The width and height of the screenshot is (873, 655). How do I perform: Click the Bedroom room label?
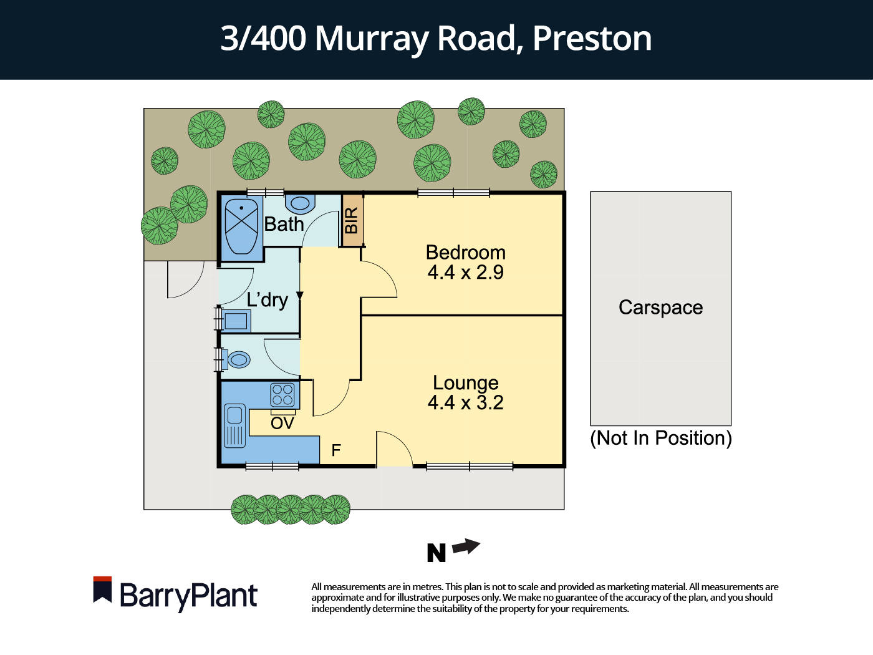(x=465, y=253)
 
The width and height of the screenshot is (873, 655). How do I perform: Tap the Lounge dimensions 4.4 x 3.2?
(x=465, y=403)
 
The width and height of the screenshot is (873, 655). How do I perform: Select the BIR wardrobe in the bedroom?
(x=352, y=220)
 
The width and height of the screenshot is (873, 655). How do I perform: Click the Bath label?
(x=284, y=224)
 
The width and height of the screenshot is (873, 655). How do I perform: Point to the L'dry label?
(x=267, y=300)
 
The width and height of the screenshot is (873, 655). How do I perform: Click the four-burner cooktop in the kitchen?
(x=282, y=395)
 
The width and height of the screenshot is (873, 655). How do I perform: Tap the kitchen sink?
(x=235, y=425)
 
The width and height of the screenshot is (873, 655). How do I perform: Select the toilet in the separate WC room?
(x=238, y=360)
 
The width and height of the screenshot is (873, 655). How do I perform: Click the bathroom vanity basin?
(x=301, y=203)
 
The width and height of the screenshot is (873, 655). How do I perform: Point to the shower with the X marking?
(x=241, y=226)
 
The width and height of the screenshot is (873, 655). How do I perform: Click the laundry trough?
(x=236, y=321)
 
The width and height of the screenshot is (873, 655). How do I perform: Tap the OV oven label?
(x=282, y=424)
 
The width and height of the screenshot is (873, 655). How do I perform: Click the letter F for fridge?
(x=336, y=450)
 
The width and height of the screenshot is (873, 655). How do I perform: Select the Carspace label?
(x=660, y=308)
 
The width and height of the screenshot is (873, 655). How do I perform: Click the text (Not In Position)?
(x=660, y=438)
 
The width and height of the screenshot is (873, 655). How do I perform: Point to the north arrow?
(x=466, y=547)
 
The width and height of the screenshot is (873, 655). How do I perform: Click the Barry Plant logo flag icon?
(x=102, y=589)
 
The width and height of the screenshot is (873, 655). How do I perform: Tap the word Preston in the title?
(x=592, y=39)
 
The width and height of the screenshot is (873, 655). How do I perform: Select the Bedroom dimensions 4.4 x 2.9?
(x=465, y=273)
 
